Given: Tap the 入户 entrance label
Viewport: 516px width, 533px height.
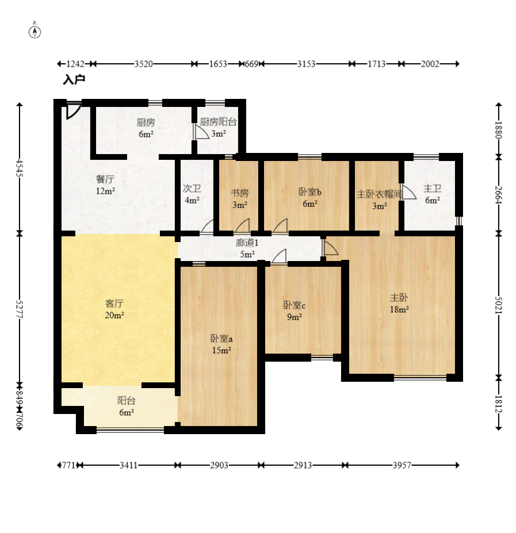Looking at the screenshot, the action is point(74,80).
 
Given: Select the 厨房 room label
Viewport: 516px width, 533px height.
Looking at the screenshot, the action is point(146,122).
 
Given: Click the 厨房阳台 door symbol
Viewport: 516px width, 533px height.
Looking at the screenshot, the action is point(201,131).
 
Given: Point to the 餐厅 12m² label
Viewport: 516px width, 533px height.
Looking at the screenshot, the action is point(105,185).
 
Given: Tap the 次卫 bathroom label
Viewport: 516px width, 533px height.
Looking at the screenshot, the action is point(192,188).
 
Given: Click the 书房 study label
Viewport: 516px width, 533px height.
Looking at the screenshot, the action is point(240,193).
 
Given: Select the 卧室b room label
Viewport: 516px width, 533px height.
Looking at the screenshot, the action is point(310,192).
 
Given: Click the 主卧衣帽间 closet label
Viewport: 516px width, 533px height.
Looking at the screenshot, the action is point(379,194).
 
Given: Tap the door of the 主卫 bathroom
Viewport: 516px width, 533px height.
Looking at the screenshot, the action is point(409,191).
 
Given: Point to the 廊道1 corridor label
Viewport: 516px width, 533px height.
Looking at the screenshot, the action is point(247,243).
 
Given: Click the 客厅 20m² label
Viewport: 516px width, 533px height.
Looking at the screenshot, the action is point(114,309).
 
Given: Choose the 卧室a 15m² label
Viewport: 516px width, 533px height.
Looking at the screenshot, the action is point(221,344).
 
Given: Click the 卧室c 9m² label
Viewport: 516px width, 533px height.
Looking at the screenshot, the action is point(295,311).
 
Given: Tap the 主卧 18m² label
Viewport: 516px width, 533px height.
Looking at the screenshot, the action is point(399,303).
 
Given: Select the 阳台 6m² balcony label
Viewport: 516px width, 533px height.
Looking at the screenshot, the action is point(126,406).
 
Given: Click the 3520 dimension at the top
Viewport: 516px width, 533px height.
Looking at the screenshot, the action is point(144,64).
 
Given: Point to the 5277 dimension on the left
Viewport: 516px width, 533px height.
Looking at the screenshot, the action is point(20,309).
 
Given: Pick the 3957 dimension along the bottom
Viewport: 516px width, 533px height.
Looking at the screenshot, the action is point(402,465).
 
